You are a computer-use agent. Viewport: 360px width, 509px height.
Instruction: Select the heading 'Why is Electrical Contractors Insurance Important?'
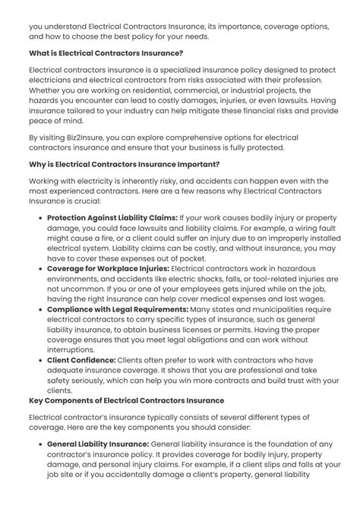click(124, 163)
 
